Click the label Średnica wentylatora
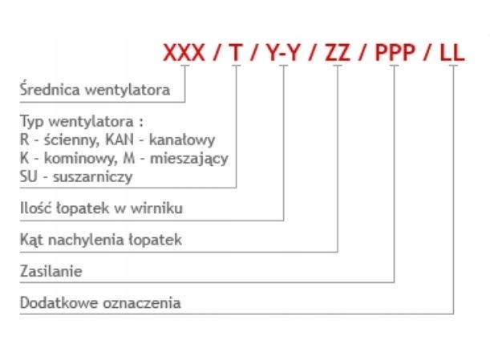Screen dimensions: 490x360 pos(95,90)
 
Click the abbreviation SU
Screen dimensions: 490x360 pos(28,176)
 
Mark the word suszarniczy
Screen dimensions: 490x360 pos(97,176)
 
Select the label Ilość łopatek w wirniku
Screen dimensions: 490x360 pos(101,208)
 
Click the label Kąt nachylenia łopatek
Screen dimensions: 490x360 pos(101,240)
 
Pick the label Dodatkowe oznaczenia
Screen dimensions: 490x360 pos(99,303)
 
